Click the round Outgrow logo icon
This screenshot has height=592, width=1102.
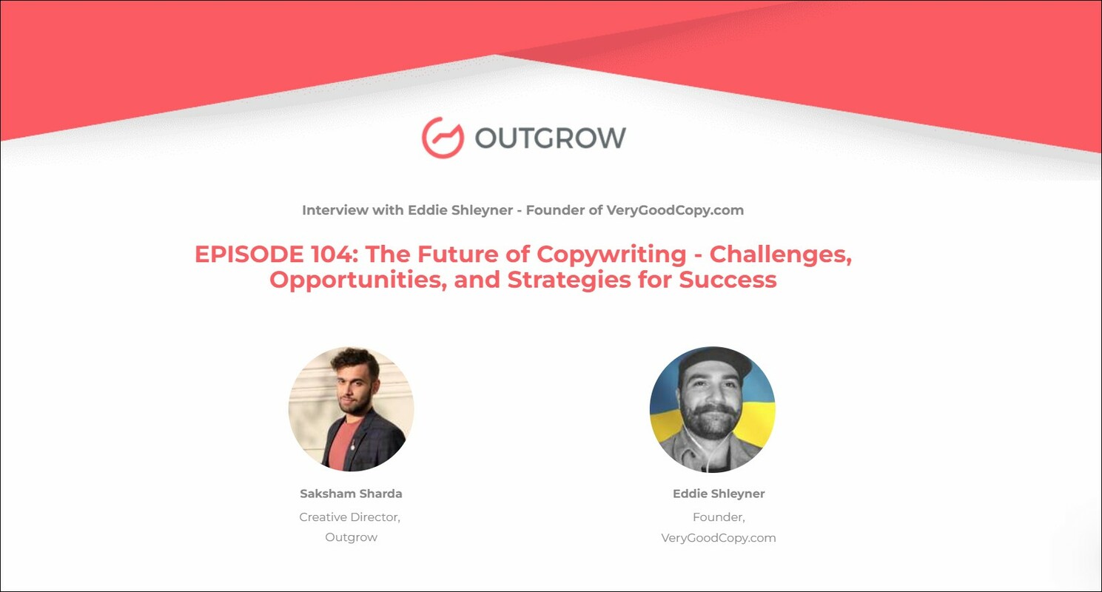tap(443, 137)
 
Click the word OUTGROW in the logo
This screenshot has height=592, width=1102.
tap(550, 138)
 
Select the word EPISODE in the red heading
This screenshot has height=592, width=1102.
tap(244, 255)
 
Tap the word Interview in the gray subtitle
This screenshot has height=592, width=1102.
tap(330, 210)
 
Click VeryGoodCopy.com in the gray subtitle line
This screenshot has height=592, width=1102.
tap(675, 210)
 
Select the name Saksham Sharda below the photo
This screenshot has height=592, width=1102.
tap(351, 494)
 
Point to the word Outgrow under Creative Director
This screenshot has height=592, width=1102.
tap(351, 538)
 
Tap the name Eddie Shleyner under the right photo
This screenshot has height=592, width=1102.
tap(719, 494)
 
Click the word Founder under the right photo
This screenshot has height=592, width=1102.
tap(716, 517)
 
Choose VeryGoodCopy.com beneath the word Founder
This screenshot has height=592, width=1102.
tap(719, 538)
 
